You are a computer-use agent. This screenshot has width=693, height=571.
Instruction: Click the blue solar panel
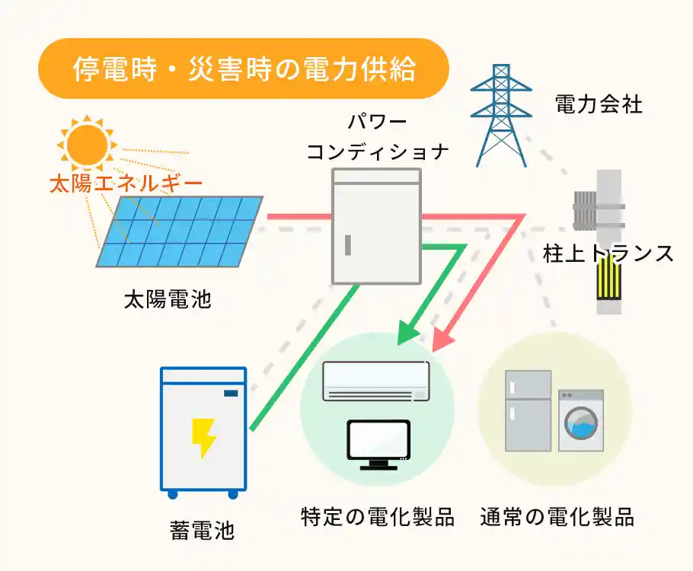click(181, 231)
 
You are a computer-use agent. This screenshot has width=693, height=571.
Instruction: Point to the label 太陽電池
click(168, 299)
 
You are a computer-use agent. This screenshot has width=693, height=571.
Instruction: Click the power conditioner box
click(377, 226)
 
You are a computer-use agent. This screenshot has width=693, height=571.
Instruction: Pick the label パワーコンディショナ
click(376, 137)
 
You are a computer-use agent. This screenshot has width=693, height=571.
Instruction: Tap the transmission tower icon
click(500, 114)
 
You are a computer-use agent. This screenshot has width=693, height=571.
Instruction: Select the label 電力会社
click(599, 104)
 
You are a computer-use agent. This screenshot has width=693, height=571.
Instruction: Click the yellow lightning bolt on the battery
click(203, 438)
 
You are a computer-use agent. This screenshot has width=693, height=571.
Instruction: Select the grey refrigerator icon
click(528, 411)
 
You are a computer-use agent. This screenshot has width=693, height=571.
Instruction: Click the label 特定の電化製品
click(378, 518)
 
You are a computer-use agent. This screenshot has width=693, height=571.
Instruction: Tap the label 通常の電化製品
click(557, 518)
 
